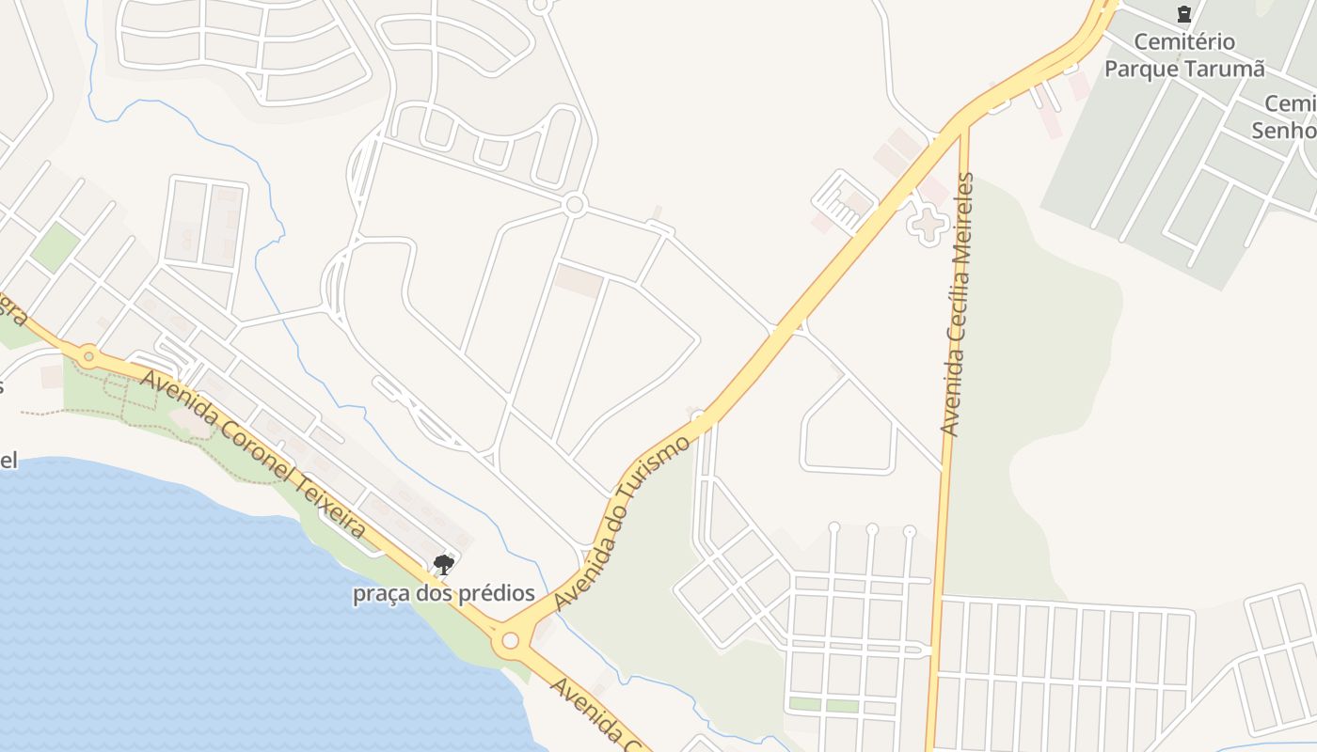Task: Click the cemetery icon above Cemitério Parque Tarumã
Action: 1183,14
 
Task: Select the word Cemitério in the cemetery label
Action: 1184,42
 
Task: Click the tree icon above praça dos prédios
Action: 444,564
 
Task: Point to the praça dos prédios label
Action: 444,593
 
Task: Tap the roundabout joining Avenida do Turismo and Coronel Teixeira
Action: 510,640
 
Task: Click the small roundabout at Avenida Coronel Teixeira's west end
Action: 88,355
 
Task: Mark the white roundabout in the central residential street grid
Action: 575,204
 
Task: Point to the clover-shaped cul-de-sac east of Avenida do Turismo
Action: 928,224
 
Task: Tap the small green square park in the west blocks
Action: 55,246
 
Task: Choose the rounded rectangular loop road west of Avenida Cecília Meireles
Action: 848,427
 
